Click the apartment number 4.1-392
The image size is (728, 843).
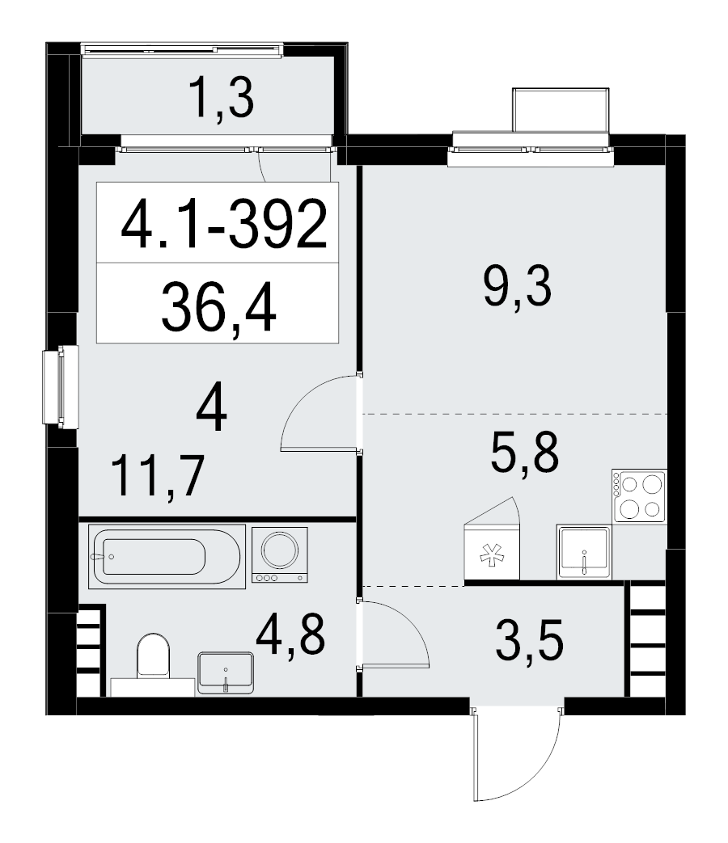click(224, 224)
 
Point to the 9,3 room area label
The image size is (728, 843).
click(518, 286)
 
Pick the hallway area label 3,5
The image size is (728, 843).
click(530, 640)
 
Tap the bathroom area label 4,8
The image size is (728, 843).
click(290, 634)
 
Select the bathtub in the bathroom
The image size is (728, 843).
click(167, 556)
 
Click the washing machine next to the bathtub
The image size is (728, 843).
click(280, 554)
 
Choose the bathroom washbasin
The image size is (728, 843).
click(226, 672)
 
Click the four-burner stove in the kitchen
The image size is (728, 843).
click(639, 495)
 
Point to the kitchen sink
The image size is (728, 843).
click(584, 551)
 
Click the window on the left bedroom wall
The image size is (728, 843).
click(61, 386)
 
